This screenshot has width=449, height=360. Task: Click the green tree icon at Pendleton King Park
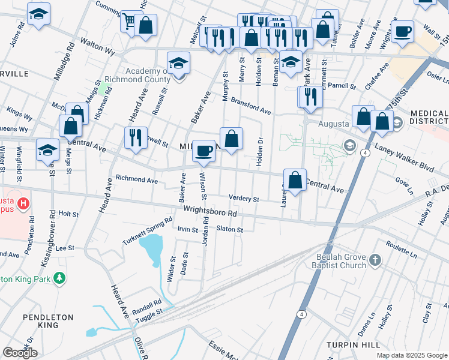tap(59, 278)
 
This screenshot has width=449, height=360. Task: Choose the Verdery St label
tap(243, 199)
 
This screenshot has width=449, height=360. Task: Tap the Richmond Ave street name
tap(136, 179)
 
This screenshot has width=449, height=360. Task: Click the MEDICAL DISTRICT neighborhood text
tap(429, 118)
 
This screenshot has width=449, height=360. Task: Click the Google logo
tap(20, 352)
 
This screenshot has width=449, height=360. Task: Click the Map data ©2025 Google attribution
tap(411, 355)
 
